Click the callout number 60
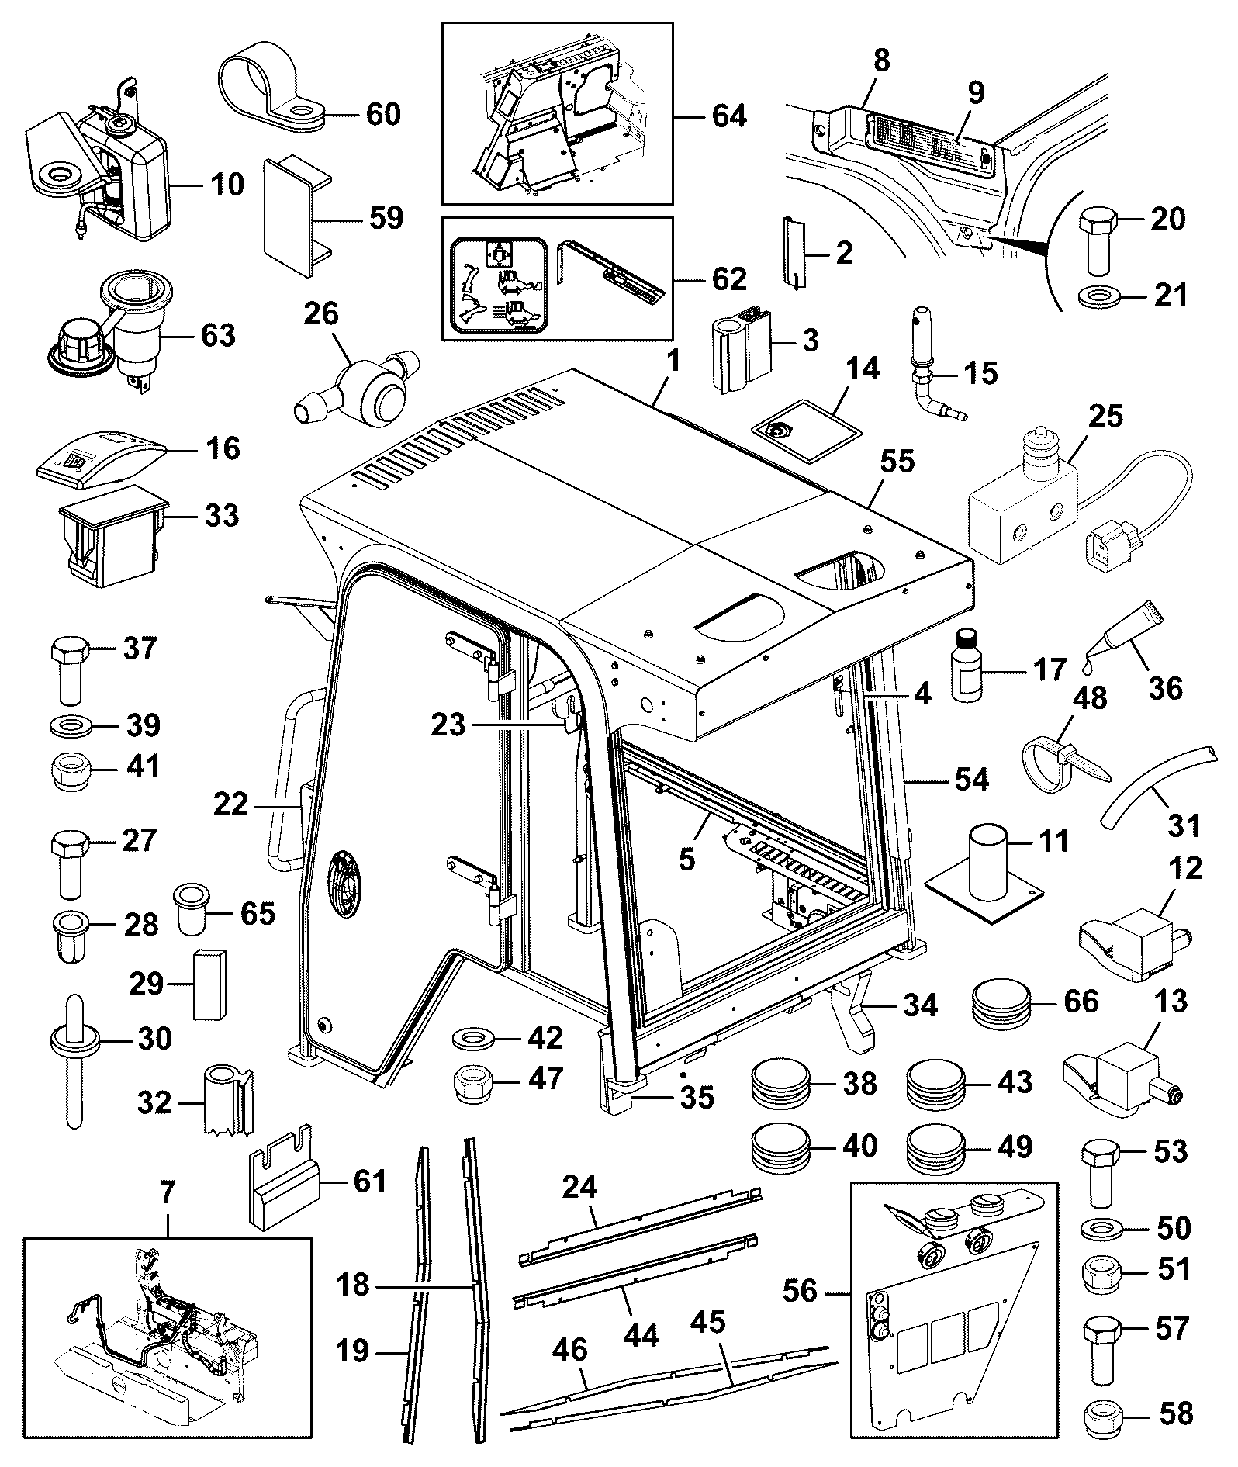[382, 114]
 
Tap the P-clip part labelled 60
[271, 85]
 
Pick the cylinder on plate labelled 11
[985, 870]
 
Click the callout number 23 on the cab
[448, 725]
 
